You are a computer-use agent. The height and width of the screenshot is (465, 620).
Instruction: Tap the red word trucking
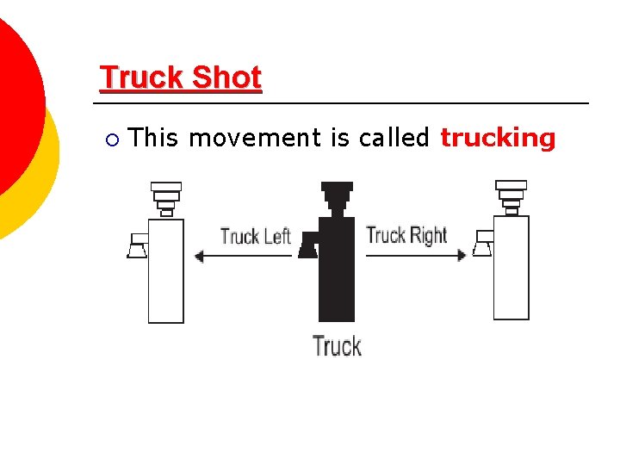tap(498, 138)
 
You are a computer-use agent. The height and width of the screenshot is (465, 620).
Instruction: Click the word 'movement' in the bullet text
tap(254, 138)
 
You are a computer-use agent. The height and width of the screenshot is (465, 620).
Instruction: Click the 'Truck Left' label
tap(256, 236)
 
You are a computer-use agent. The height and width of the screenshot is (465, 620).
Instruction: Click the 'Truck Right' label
tap(406, 235)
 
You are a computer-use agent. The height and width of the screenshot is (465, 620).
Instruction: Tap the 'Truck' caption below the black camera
tap(337, 346)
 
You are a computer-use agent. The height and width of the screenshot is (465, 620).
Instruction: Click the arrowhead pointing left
tap(200, 256)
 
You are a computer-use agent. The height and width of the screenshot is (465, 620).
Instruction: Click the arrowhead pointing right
tap(462, 255)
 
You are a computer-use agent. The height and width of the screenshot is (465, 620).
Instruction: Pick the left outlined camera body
tap(166, 270)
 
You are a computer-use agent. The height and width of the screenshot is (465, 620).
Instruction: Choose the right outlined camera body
tap(511, 267)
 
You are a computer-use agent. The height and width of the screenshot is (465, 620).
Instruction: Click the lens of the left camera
tap(137, 247)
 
